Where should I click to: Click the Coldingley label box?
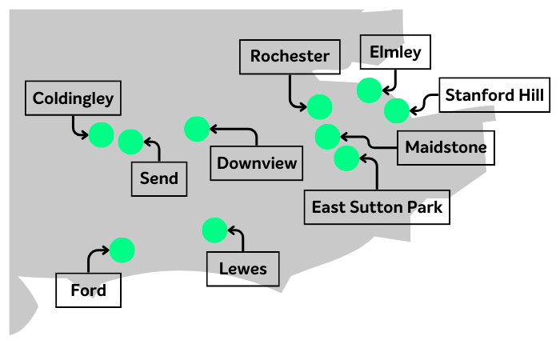click(x=73, y=100)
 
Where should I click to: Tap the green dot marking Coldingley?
click(x=101, y=135)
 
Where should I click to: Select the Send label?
click(x=159, y=178)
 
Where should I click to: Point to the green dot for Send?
click(x=130, y=142)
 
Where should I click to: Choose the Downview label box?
click(x=257, y=164)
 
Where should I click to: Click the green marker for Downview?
click(x=196, y=128)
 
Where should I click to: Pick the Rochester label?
click(x=289, y=57)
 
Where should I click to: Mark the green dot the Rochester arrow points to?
click(x=319, y=106)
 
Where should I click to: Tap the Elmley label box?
click(x=395, y=53)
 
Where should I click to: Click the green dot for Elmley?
click(x=369, y=90)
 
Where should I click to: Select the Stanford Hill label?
click(x=494, y=96)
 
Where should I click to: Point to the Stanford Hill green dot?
click(x=396, y=110)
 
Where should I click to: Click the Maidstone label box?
click(x=445, y=148)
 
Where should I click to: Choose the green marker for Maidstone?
click(x=327, y=136)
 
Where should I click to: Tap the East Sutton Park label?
click(x=377, y=208)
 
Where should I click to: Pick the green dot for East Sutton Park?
click(x=346, y=158)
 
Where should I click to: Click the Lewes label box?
click(x=243, y=269)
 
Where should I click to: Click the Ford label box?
click(x=88, y=290)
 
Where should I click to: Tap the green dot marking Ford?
click(x=122, y=250)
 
